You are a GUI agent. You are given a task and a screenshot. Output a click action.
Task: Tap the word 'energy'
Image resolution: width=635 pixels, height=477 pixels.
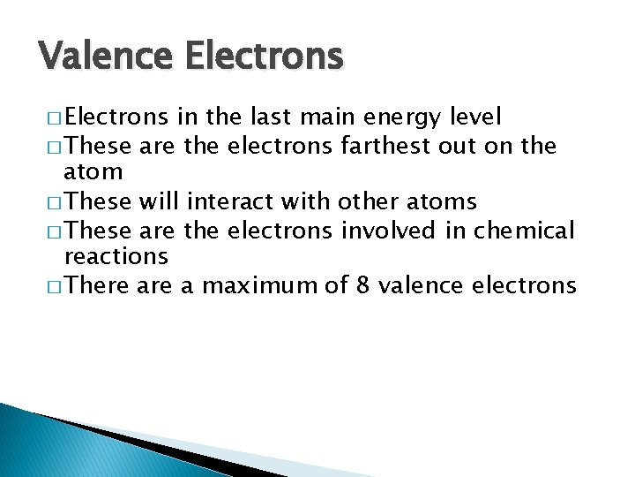pyautogui.click(x=391, y=117)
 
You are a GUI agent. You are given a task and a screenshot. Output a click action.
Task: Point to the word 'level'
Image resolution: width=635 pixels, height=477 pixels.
pyautogui.click(x=475, y=117)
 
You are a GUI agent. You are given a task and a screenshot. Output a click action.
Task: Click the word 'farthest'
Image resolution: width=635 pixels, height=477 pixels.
pyautogui.click(x=385, y=145)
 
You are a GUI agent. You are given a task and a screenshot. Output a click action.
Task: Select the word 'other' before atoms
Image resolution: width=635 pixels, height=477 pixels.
pyautogui.click(x=363, y=201)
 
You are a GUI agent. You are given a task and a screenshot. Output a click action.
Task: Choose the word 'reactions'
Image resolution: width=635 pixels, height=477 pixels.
pyautogui.click(x=116, y=257)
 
